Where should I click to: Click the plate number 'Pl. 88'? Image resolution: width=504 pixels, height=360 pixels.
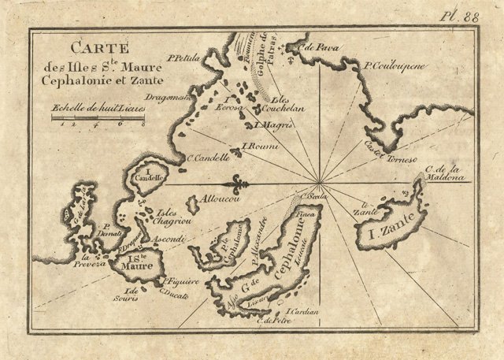470,14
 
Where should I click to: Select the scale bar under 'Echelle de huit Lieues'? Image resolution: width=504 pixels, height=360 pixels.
99,117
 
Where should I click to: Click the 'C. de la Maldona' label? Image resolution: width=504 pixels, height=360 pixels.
445,173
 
